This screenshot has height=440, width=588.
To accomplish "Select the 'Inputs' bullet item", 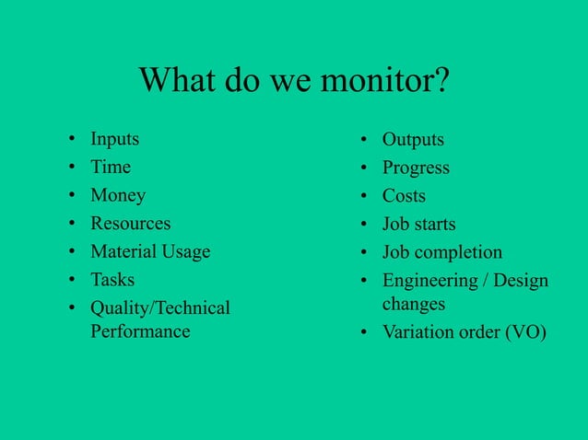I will [x=114, y=140].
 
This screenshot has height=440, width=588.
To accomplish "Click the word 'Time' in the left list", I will [x=111, y=168].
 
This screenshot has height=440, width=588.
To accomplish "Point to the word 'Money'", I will [x=118, y=195].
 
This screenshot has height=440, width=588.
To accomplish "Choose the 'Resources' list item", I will [x=130, y=224].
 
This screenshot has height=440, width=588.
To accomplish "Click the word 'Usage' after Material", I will [x=185, y=251].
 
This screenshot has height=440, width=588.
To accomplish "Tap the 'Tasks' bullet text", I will [x=112, y=279].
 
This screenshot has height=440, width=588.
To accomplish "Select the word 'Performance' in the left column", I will [x=140, y=331].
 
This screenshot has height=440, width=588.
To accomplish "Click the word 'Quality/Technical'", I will [x=160, y=308].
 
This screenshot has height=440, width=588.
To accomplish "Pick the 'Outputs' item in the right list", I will [x=413, y=140].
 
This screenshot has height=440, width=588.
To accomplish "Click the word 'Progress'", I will [x=416, y=168].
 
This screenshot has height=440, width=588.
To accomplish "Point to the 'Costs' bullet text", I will [x=404, y=196].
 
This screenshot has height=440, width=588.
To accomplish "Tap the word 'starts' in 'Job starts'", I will [x=431, y=224].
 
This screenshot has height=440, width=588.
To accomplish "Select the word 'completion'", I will [x=458, y=252].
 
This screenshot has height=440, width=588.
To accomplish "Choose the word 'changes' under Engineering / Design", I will [x=414, y=304].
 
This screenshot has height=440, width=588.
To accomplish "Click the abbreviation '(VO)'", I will [x=525, y=332].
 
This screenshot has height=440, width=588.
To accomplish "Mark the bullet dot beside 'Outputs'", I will [x=364, y=141].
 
